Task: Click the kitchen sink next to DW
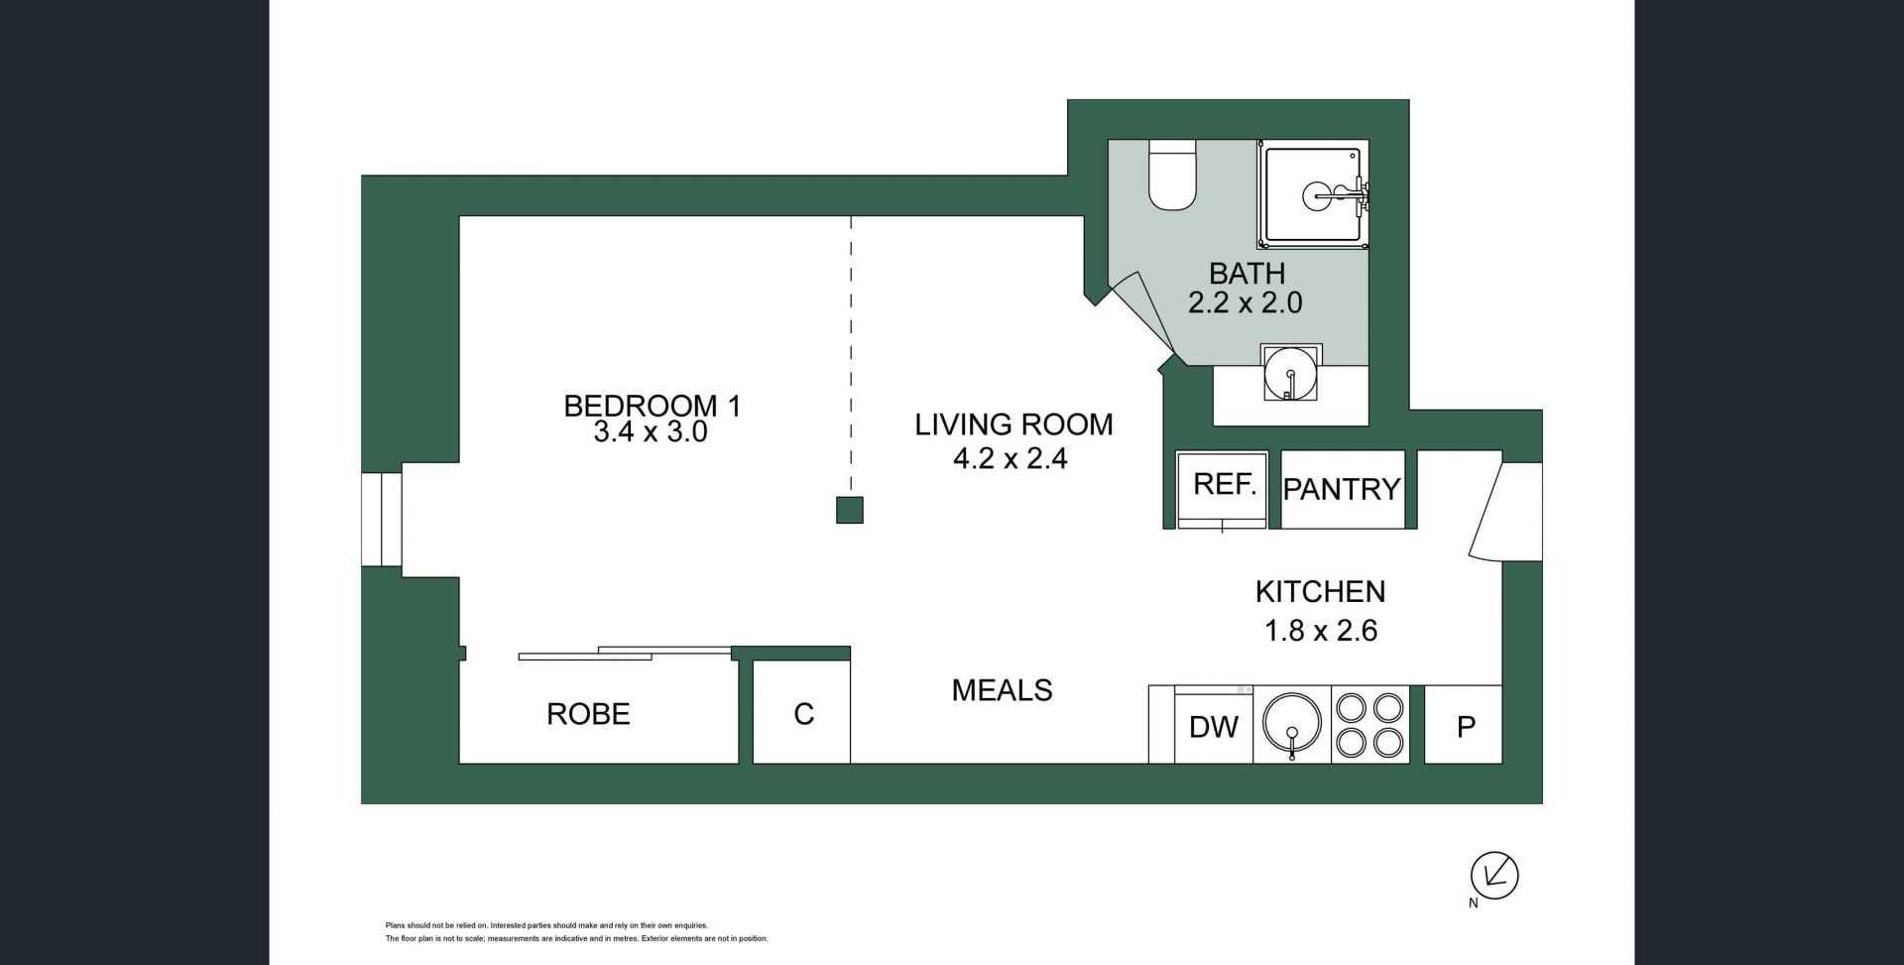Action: coord(1291,723)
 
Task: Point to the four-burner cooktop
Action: coord(1369,724)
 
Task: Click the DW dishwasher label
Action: coord(1213,727)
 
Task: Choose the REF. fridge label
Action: coord(1225,484)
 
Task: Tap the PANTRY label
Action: coord(1342,489)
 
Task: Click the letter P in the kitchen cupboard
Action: coord(1466,727)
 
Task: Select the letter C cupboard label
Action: coord(803,714)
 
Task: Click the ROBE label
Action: coord(588,714)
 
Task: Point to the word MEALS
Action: coord(1002,690)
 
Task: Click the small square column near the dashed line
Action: coord(850,510)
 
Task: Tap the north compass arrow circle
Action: coord(1494,876)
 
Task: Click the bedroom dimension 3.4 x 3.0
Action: coord(650,432)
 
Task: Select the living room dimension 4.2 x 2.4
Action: coord(1010,458)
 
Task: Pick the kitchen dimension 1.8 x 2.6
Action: coord(1321,631)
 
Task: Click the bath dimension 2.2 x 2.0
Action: coord(1246,302)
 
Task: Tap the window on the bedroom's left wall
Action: coord(381,520)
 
